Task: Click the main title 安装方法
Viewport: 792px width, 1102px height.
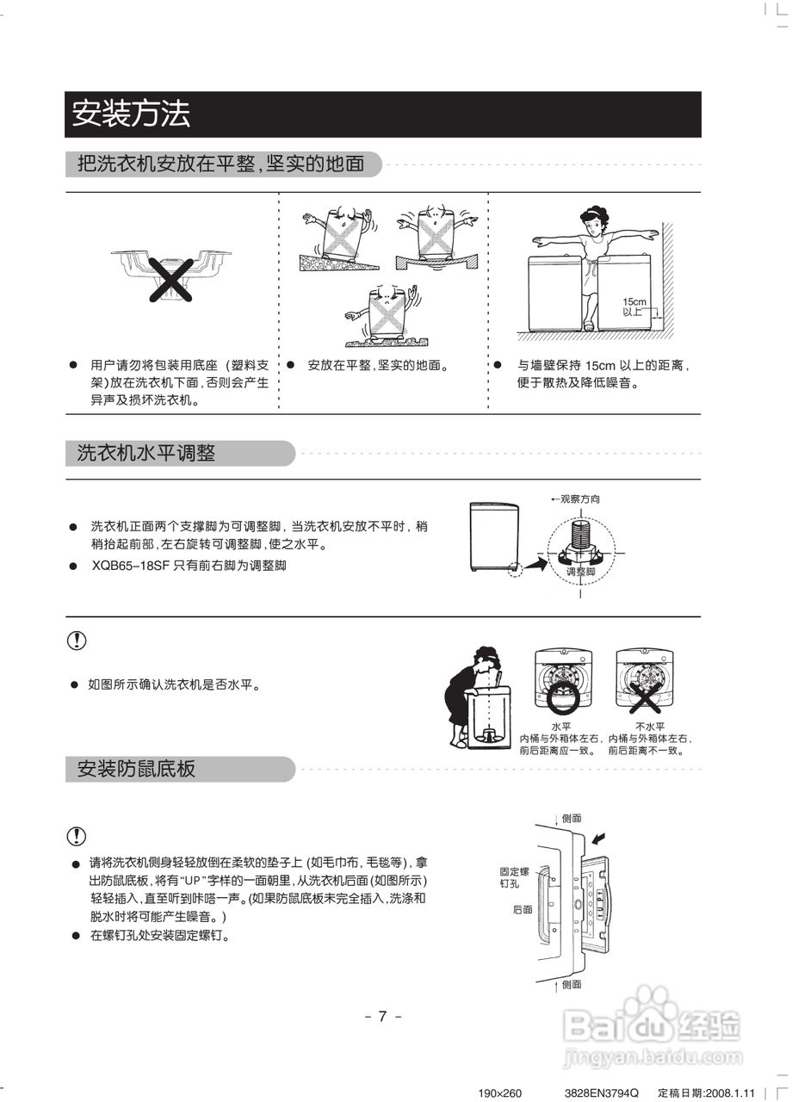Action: pos(131,115)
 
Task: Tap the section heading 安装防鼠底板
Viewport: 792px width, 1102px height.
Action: pos(137,769)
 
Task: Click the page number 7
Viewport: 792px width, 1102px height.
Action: pos(383,1016)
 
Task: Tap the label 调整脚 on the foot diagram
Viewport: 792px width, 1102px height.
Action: pos(581,571)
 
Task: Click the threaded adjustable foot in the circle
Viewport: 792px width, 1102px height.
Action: pos(582,539)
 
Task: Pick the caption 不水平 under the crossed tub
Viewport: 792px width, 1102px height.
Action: pos(649,727)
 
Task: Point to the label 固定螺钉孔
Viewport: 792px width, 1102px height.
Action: pos(514,876)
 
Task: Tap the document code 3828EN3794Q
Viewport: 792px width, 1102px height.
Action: pos(603,1093)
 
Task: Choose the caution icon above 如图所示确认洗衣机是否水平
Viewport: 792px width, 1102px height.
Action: pos(77,641)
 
